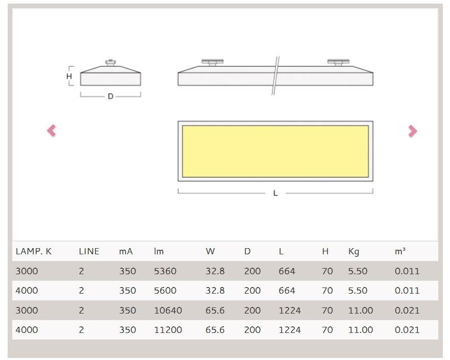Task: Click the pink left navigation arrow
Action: tap(52, 131)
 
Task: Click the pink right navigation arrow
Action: tap(413, 131)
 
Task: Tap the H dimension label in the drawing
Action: tap(69, 77)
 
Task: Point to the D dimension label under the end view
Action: tap(111, 97)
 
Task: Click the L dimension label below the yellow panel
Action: tap(276, 194)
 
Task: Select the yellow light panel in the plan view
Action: tap(276, 151)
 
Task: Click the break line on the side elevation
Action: tap(276, 76)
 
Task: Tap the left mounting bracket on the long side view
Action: tap(212, 63)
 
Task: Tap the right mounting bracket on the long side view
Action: tap(339, 63)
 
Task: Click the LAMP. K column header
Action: tap(33, 251)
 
